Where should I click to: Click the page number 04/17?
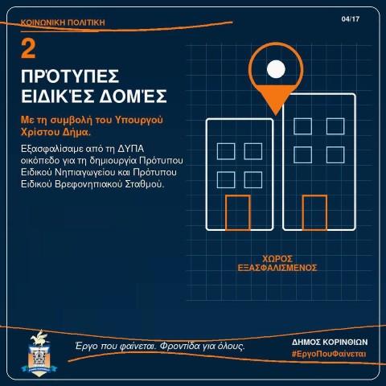point(351,19)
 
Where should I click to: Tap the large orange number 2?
point(28,48)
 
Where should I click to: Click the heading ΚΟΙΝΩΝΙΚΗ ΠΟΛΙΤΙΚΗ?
point(63,23)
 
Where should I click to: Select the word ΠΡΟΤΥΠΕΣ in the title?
point(70,76)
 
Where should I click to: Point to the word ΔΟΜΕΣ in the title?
point(133,96)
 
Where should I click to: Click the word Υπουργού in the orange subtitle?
point(139,120)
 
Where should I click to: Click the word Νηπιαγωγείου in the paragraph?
point(85,173)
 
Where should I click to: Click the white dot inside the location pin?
point(276,69)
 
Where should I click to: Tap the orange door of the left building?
point(238,212)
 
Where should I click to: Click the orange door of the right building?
point(314,212)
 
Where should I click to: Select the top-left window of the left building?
point(226,151)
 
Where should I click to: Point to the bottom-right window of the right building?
point(335,154)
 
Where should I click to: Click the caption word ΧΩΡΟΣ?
point(277,259)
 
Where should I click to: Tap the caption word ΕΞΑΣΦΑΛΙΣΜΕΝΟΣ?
point(277,268)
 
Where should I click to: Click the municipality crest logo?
point(39,353)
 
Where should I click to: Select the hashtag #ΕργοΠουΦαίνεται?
point(329,354)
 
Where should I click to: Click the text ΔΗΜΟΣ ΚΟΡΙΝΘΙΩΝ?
point(330,342)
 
